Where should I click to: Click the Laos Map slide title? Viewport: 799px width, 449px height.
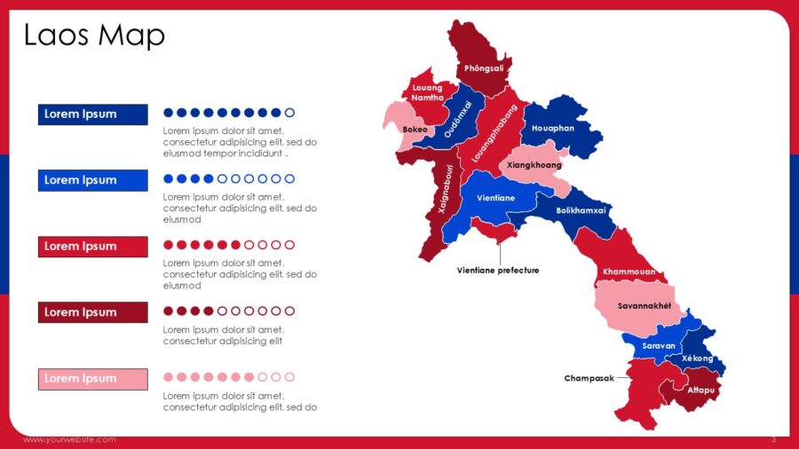click(x=94, y=35)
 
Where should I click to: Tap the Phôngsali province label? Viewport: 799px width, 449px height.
click(x=484, y=68)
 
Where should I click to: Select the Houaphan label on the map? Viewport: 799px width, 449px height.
click(x=553, y=128)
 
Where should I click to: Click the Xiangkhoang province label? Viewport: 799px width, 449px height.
click(x=534, y=165)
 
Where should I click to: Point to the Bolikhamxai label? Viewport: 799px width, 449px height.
click(x=581, y=210)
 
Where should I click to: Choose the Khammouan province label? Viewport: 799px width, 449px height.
click(x=629, y=272)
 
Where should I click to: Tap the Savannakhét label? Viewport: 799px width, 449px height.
click(x=644, y=306)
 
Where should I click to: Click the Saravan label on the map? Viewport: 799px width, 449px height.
click(x=660, y=346)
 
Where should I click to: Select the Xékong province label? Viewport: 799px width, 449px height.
click(x=698, y=358)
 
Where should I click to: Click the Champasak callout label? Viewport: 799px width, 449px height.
click(x=589, y=378)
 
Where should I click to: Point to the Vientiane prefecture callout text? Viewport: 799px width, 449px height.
click(x=498, y=270)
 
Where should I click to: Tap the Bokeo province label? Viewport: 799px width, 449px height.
click(x=415, y=130)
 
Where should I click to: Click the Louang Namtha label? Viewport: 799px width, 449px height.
click(x=427, y=93)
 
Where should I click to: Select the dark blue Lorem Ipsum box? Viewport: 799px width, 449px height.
click(x=92, y=114)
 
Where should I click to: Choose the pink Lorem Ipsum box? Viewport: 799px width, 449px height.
click(x=92, y=379)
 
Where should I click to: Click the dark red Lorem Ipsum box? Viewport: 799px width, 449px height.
click(x=92, y=312)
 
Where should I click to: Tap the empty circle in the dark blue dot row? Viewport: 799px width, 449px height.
click(x=289, y=113)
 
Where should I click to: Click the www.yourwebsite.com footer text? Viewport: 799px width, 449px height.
click(x=69, y=439)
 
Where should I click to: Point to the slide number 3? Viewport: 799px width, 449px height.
click(x=773, y=439)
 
